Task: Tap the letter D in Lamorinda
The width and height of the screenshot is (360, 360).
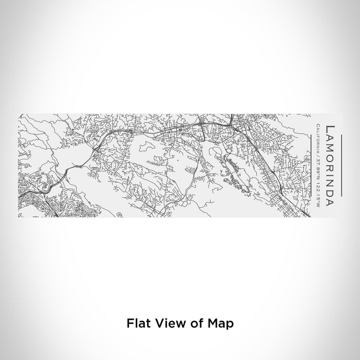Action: click(328, 191)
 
